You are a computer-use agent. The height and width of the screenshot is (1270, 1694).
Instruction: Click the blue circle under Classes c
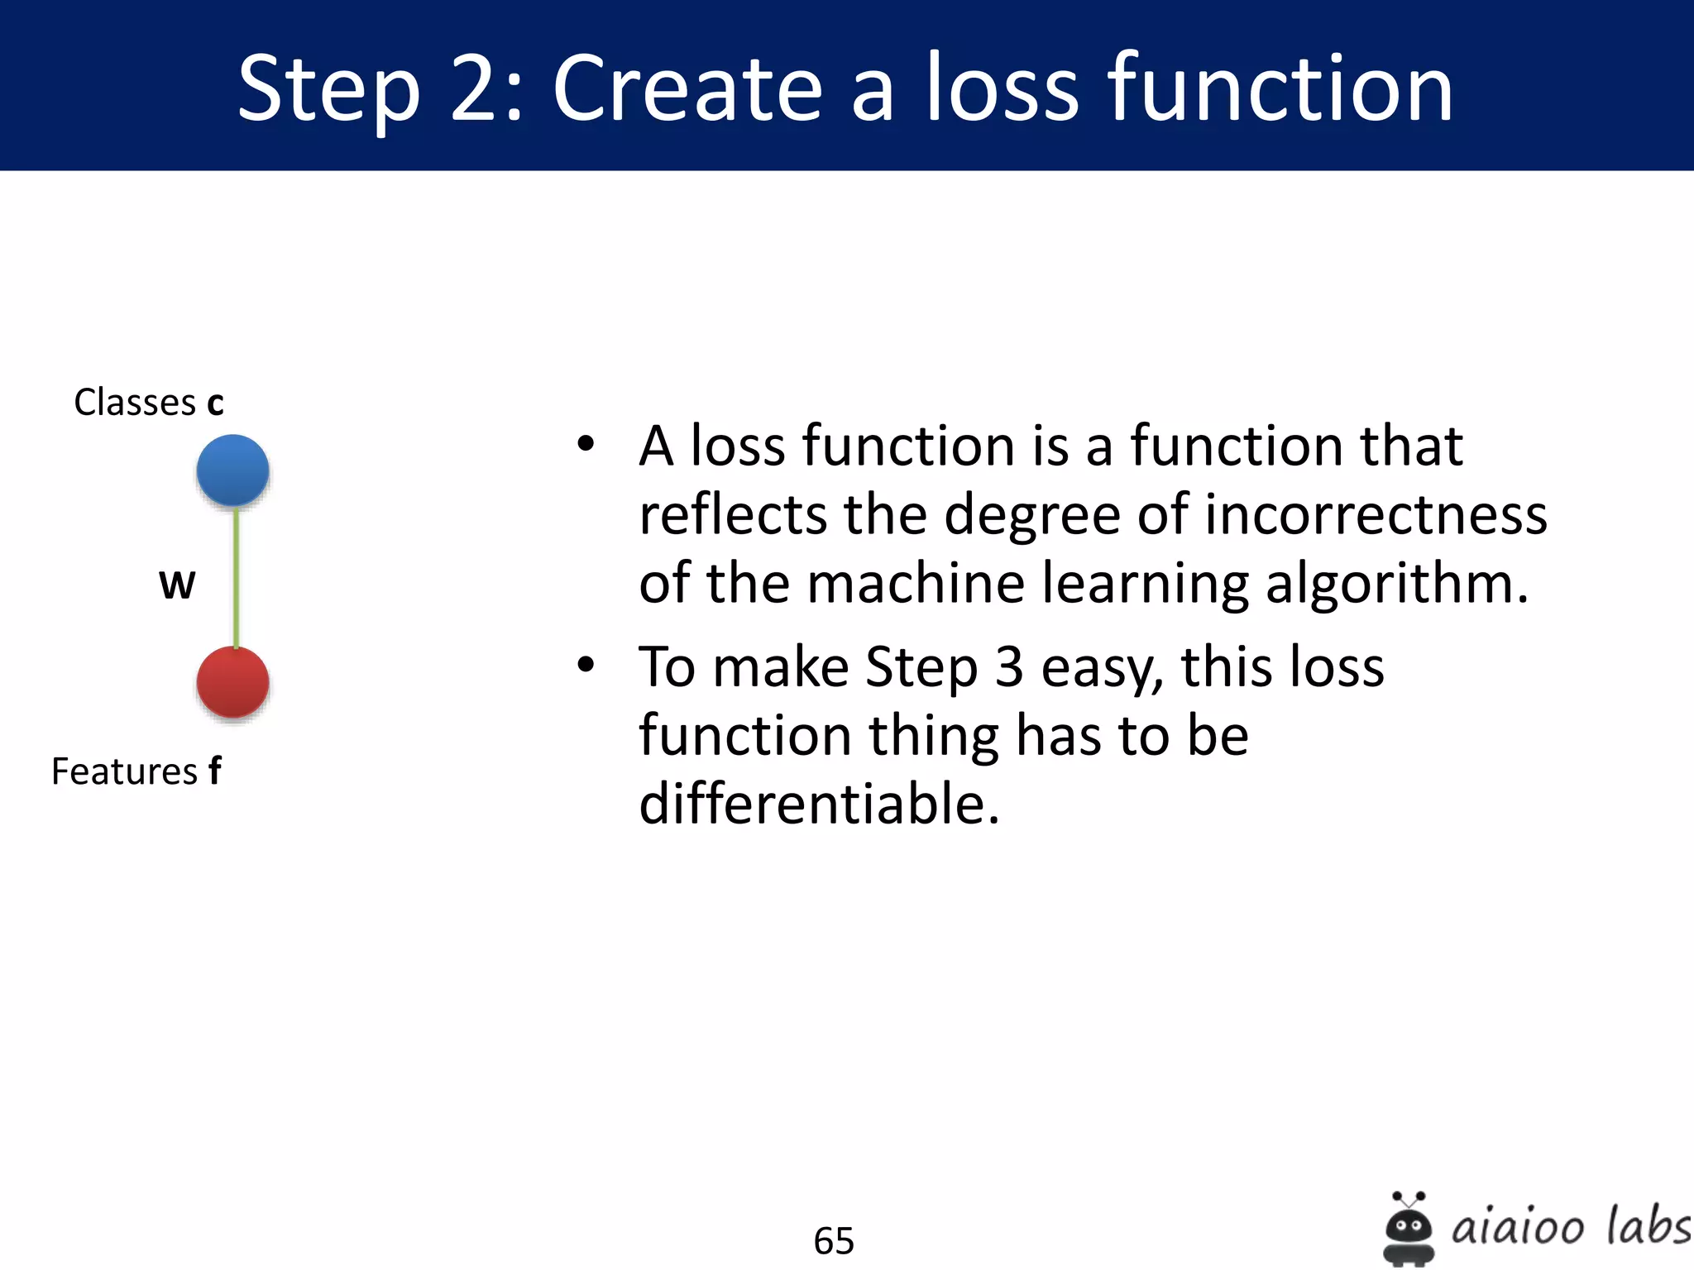(232, 470)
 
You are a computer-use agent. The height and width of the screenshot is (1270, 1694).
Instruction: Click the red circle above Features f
(232, 682)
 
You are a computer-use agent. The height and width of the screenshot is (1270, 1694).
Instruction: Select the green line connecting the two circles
(236, 577)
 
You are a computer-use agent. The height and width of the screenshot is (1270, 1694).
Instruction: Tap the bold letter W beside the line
(177, 585)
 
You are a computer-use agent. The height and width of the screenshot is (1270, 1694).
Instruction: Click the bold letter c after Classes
(215, 403)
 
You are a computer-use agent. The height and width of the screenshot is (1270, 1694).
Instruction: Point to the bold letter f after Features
(214, 771)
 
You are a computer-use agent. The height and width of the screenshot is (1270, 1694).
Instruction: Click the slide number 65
(833, 1241)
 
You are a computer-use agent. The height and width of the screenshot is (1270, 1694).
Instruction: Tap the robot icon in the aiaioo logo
(1408, 1229)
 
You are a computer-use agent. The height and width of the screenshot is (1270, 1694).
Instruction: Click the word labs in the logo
(1647, 1225)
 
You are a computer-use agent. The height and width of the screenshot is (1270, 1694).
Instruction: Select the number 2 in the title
(475, 88)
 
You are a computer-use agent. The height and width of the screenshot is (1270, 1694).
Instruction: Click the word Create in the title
(687, 88)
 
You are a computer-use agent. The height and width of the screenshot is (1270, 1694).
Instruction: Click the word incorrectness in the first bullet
(1375, 515)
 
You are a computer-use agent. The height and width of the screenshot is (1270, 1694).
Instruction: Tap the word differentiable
(819, 804)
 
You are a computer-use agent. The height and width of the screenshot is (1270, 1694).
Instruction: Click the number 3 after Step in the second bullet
(1008, 666)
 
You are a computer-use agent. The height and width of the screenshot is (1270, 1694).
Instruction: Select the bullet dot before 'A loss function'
(586, 444)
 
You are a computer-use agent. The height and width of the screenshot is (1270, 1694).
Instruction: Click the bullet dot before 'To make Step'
(586, 665)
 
